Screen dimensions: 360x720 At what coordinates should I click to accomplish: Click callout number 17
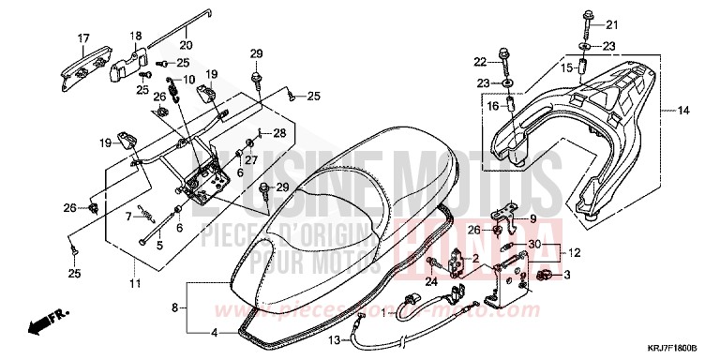pos(82,38)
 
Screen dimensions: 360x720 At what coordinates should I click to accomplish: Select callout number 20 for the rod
pos(185,44)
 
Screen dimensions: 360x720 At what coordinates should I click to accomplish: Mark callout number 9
pos(532,219)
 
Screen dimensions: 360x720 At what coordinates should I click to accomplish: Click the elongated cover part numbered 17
pos(93,62)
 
